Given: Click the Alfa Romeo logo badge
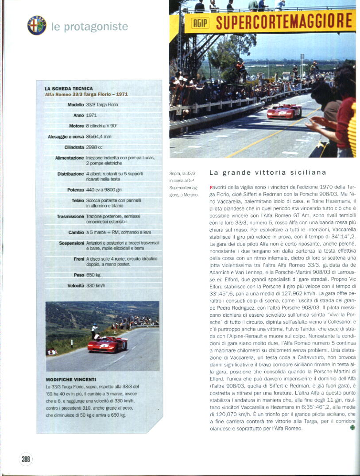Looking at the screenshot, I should coord(37,26).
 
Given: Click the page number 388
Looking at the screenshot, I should coord(26,459).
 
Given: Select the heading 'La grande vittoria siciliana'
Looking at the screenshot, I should coord(267,173).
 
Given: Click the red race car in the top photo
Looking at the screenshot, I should coord(284,111).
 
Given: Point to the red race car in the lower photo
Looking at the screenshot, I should coord(107,344).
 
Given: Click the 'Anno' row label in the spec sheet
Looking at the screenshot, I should coord(78,115).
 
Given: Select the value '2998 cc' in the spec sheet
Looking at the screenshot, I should coord(94,147).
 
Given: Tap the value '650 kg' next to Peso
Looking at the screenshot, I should coord(93,275).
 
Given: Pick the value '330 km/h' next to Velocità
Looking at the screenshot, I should coord(96,286).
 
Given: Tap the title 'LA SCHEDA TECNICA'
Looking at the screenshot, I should coord(69,88).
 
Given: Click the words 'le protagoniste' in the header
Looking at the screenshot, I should coord(89,27).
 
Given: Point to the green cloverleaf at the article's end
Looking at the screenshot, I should coord(352,428).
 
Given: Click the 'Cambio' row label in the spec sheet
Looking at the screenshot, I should coord(76,232).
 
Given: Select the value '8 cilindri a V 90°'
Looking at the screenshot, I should coord(101,126).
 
